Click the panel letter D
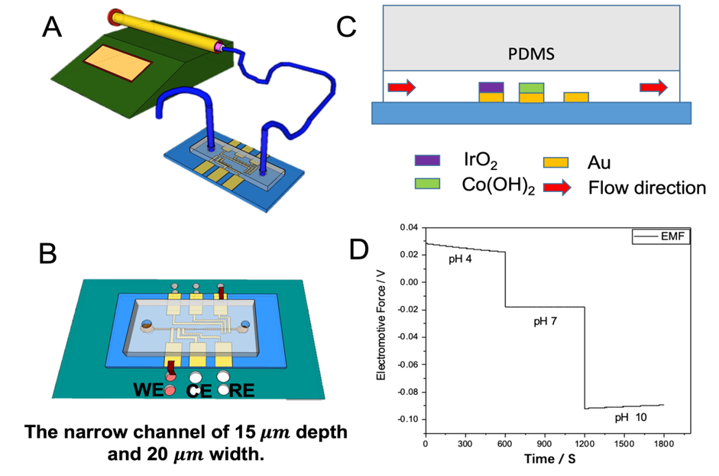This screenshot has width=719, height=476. (x=359, y=249)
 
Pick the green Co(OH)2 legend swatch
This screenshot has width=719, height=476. (x=426, y=184)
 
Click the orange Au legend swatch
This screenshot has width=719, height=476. (x=555, y=161)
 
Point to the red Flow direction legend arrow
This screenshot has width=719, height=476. (x=555, y=186)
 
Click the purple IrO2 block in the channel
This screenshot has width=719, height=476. (x=491, y=86)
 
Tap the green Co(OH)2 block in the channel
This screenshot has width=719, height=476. (x=531, y=87)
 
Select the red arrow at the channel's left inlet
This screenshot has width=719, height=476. (x=401, y=88)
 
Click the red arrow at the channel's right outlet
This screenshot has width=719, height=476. (x=653, y=88)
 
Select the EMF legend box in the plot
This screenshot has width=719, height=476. (x=662, y=237)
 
